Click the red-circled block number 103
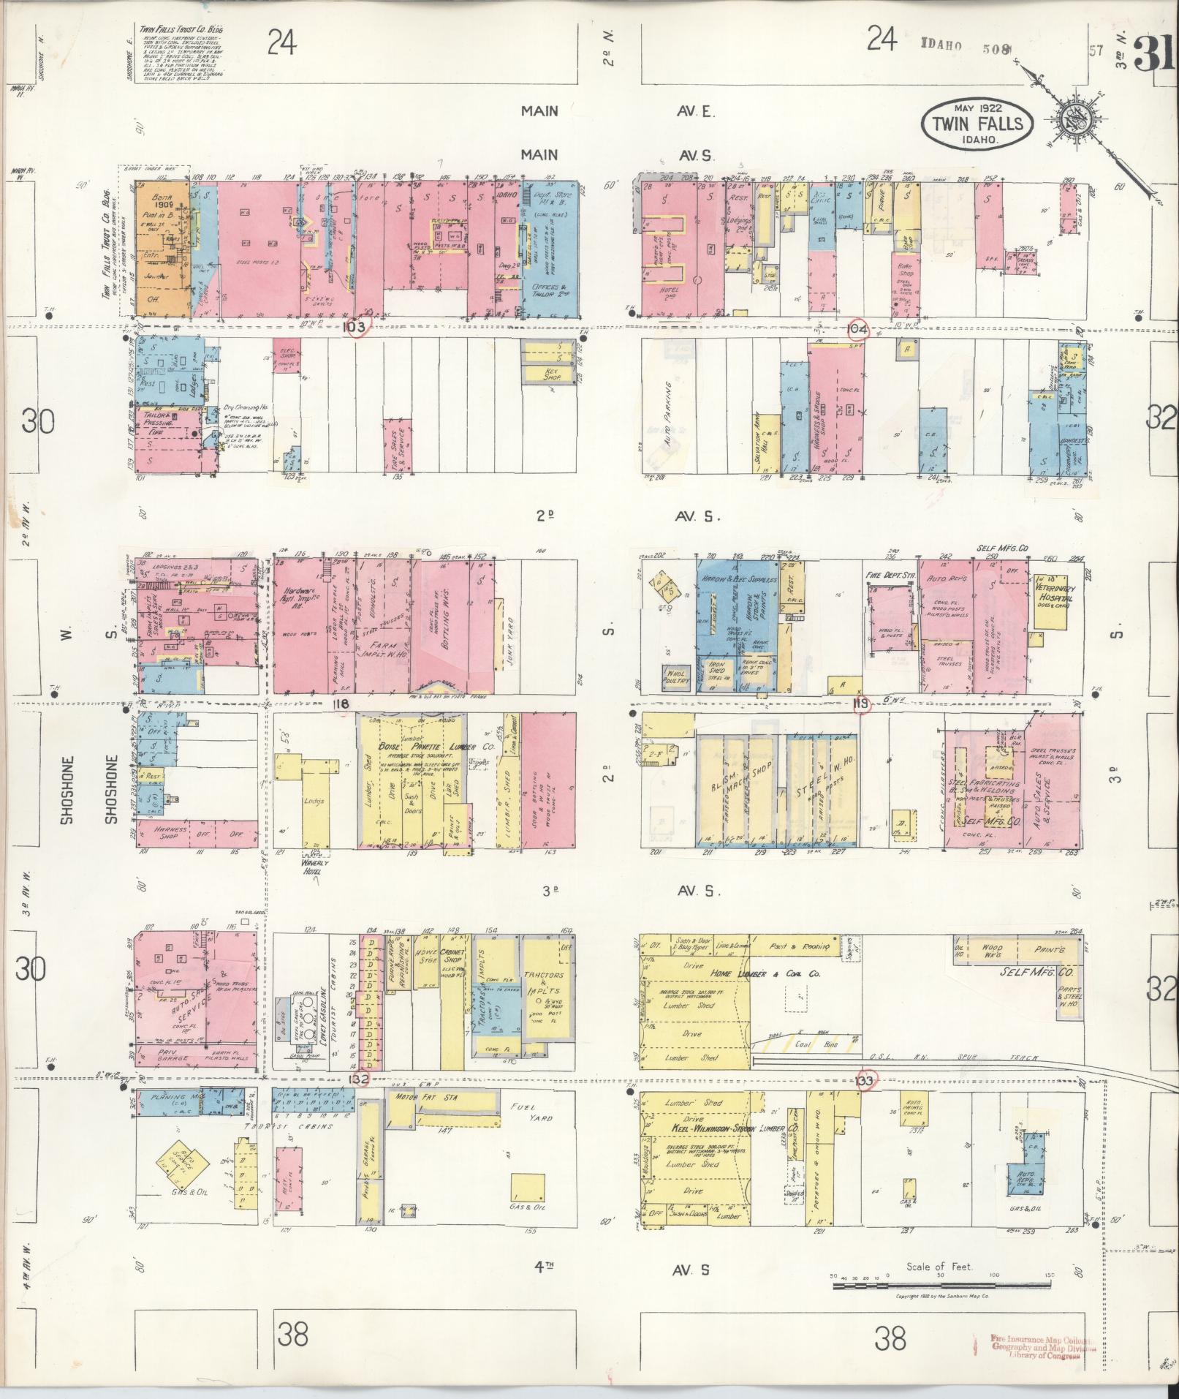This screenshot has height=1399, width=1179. point(357,327)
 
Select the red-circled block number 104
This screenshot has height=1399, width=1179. point(857,329)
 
